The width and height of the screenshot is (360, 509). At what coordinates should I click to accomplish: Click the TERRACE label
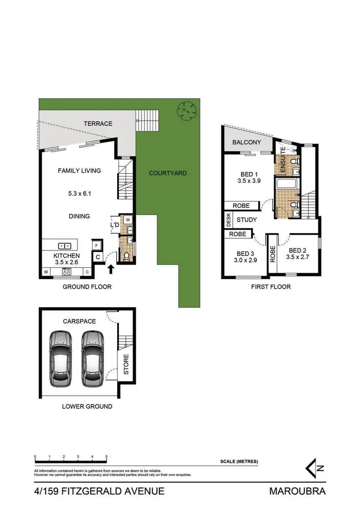point(98,124)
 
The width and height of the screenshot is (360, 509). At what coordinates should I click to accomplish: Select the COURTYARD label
point(168,173)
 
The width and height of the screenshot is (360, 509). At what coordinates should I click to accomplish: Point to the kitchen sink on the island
point(65,245)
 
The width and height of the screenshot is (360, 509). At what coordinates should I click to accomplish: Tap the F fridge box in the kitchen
point(96,245)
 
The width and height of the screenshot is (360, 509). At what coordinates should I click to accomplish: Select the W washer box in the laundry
point(128,221)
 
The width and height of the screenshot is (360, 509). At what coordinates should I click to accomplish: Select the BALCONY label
point(247,142)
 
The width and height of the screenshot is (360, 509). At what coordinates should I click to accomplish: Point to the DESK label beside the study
point(228,220)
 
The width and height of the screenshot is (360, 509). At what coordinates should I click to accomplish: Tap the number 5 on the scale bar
point(106,457)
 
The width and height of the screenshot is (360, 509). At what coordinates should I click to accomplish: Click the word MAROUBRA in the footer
point(298,491)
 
